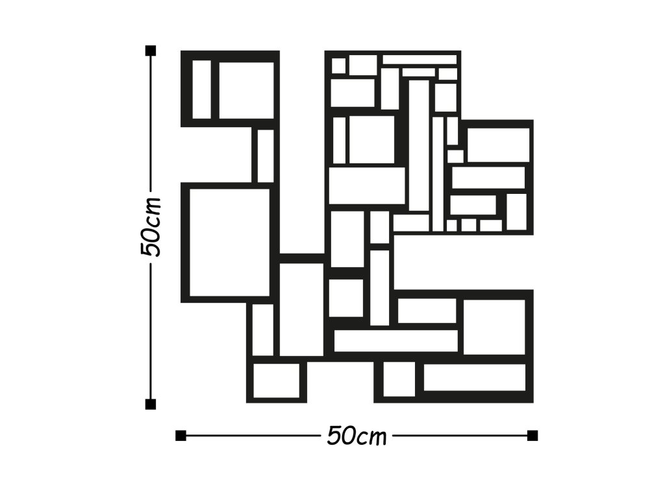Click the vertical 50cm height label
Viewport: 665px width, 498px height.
click(x=150, y=226)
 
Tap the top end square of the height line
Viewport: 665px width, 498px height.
click(x=151, y=51)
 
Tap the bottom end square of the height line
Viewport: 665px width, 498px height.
click(x=151, y=405)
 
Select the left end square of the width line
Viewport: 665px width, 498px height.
click(x=181, y=435)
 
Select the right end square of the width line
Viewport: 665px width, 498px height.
click(x=533, y=435)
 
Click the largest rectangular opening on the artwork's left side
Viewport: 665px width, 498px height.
click(x=229, y=243)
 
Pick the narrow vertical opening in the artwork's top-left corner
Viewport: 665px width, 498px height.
click(x=202, y=89)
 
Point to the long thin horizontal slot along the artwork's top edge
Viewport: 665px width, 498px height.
click(x=420, y=59)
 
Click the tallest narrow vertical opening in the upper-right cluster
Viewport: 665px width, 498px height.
click(x=419, y=145)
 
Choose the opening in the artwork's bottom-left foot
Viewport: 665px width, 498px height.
click(x=277, y=381)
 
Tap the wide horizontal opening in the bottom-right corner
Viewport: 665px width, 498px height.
click(x=475, y=377)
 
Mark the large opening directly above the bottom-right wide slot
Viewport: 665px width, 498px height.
click(x=494, y=327)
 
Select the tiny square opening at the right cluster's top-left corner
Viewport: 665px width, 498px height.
click(x=338, y=65)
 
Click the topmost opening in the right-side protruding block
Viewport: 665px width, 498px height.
click(x=499, y=145)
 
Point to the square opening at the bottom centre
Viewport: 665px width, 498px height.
click(x=399, y=379)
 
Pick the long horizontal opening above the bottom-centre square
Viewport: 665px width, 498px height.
click(x=396, y=341)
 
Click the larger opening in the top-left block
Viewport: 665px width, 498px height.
click(x=246, y=91)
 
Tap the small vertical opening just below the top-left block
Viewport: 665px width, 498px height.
click(x=266, y=156)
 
